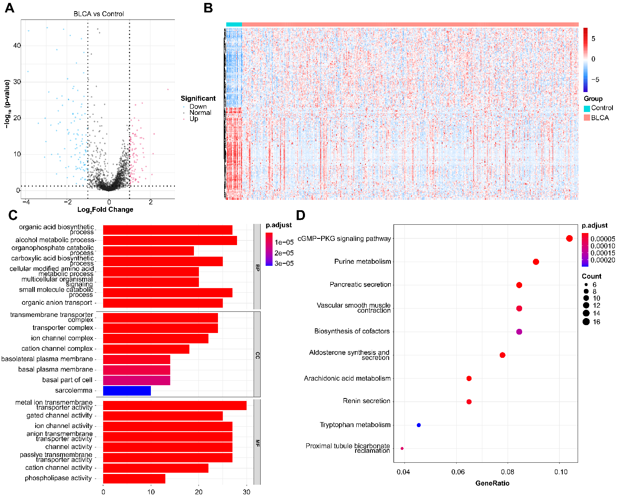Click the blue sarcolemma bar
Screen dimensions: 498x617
[127, 391]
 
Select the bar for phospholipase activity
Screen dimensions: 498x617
[134, 479]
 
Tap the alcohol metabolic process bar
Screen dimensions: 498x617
[170, 240]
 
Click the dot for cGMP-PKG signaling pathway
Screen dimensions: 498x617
[569, 238]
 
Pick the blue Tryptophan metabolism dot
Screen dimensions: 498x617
[419, 425]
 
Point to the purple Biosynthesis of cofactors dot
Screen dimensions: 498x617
[519, 332]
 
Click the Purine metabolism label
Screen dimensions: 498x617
[363, 262]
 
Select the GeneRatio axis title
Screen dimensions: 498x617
[492, 483]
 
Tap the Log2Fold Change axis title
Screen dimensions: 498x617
[105, 210]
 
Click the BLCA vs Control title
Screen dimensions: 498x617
[99, 14]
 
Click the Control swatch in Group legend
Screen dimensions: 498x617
[587, 108]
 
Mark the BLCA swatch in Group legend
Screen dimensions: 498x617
[587, 118]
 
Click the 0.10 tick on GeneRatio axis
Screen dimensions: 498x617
[561, 472]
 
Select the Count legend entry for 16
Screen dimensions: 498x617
[586, 322]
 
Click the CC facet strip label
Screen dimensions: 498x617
[257, 355]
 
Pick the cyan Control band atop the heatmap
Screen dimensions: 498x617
[234, 24]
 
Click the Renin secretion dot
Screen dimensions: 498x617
[469, 402]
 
